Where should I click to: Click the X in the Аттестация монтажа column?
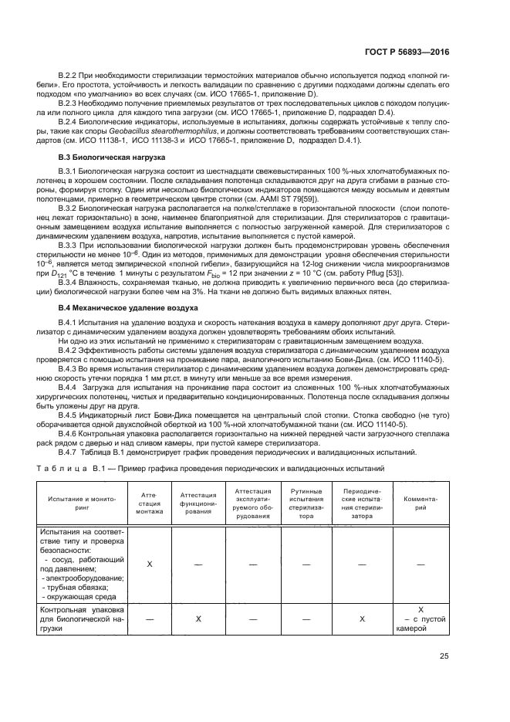(x=150, y=564)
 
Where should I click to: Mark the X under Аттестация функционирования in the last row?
(x=198, y=619)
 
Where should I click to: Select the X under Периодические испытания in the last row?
(x=362, y=619)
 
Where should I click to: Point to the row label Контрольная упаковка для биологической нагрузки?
(x=80, y=619)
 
